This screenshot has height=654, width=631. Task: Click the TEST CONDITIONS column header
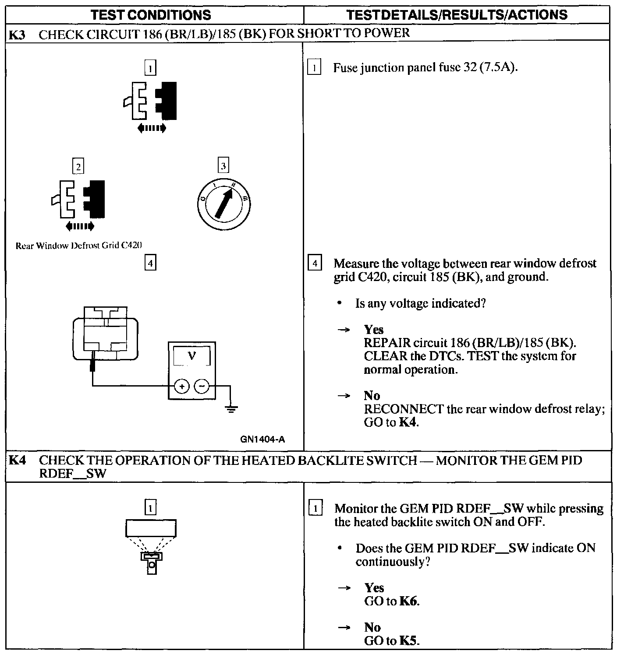pyautogui.click(x=151, y=15)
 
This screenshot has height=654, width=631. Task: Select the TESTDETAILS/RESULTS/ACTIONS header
pyautogui.click(x=457, y=15)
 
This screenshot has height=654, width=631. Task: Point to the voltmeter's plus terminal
pyautogui.click(x=181, y=386)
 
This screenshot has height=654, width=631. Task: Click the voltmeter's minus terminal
pyautogui.click(x=202, y=386)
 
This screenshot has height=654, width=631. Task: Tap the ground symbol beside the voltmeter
pyautogui.click(x=231, y=409)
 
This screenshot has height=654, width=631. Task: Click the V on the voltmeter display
pyautogui.click(x=192, y=356)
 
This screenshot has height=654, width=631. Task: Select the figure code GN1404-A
pyautogui.click(x=262, y=439)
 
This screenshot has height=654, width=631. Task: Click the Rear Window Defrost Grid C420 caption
pyautogui.click(x=79, y=246)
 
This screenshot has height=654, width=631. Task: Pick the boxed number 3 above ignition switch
pyautogui.click(x=223, y=166)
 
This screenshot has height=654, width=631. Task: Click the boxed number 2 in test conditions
pyautogui.click(x=78, y=166)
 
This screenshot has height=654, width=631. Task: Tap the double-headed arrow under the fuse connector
pyautogui.click(x=151, y=128)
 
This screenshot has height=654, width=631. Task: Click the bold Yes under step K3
pyautogui.click(x=373, y=329)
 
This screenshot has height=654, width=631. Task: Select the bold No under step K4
pyautogui.click(x=372, y=627)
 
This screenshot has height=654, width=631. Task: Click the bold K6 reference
pyautogui.click(x=408, y=601)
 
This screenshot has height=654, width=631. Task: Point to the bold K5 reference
pyautogui.click(x=408, y=640)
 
